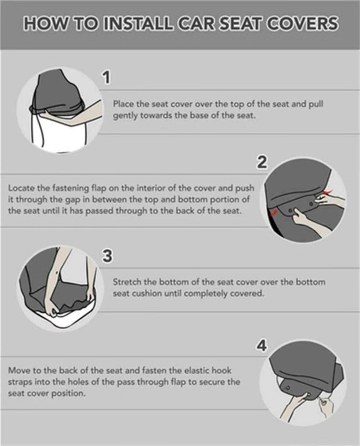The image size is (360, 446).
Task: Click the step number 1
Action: point(106,78)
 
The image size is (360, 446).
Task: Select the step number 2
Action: point(262,162)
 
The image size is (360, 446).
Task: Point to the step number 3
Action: point(107,256)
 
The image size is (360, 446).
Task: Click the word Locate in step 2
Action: point(21,188)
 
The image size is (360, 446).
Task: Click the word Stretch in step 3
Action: point(127,282)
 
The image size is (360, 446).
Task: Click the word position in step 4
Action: point(68,394)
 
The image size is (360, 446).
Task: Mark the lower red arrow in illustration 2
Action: point(274,212)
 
